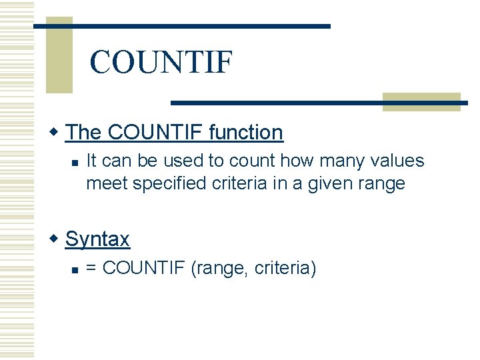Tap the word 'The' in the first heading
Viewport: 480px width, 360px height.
[83, 133]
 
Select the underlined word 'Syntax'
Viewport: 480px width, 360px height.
[97, 239]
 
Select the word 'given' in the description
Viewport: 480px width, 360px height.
[327, 183]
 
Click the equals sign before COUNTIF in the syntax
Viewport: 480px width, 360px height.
[92, 269]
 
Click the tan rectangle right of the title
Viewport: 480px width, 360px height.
[421, 101]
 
